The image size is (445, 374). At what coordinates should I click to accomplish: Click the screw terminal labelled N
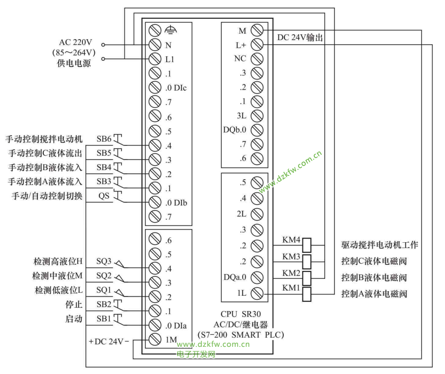point(155,44)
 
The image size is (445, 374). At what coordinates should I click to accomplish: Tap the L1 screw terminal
point(155,59)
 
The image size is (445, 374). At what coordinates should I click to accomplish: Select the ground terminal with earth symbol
point(155,30)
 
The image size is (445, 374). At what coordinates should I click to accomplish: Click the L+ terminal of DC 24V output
point(257,44)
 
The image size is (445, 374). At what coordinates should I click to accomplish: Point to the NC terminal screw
point(257,58)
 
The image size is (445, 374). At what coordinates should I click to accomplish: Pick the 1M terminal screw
point(155,340)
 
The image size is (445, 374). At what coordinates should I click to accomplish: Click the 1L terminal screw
point(257,294)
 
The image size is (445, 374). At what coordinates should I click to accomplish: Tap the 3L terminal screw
point(257,115)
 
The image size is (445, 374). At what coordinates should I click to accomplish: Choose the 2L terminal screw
point(257,214)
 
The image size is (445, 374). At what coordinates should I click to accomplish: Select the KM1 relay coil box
point(307,294)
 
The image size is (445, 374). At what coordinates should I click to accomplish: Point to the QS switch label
point(104,196)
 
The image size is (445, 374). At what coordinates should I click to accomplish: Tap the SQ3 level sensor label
point(104,261)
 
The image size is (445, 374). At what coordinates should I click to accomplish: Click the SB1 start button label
point(104,319)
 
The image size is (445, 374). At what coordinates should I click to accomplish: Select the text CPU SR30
point(241,314)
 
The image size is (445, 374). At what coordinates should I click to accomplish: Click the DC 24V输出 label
point(300,37)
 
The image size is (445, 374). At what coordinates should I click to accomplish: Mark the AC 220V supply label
point(76,42)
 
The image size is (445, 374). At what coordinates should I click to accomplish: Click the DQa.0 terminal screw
point(257,277)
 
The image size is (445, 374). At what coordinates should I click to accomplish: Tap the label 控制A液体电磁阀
point(374,294)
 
